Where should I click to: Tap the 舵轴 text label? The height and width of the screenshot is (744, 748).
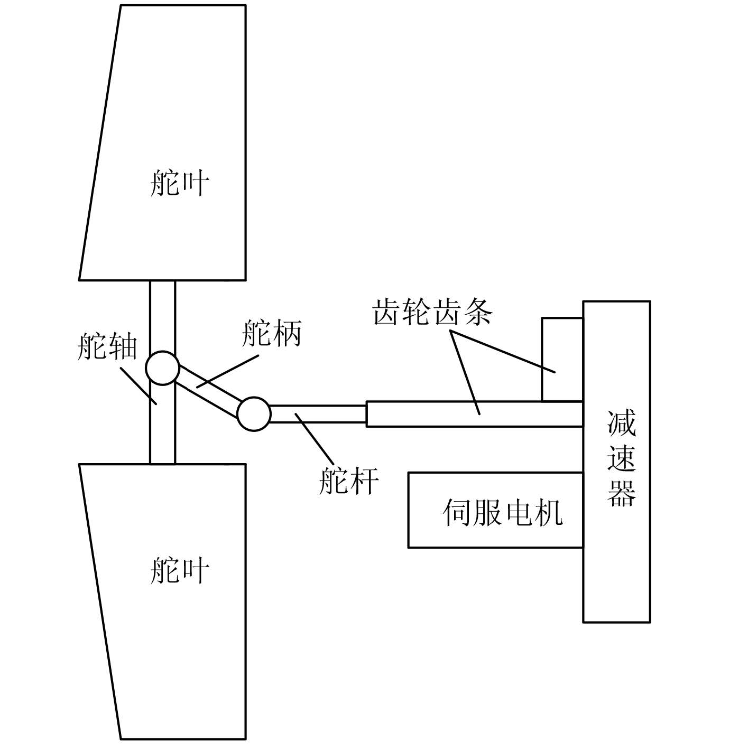coord(107,347)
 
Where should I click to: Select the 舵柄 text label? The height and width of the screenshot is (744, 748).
coord(271,334)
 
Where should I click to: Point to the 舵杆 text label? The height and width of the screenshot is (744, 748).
coord(349,481)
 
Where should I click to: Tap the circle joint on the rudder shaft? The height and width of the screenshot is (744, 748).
coord(163,368)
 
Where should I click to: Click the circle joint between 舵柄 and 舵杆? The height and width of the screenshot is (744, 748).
coord(254,414)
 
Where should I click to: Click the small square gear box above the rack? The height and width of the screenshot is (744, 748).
coord(562,359)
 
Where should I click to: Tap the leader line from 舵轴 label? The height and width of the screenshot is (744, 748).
coord(138,385)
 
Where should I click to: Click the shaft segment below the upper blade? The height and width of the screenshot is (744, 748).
coord(162,317)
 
